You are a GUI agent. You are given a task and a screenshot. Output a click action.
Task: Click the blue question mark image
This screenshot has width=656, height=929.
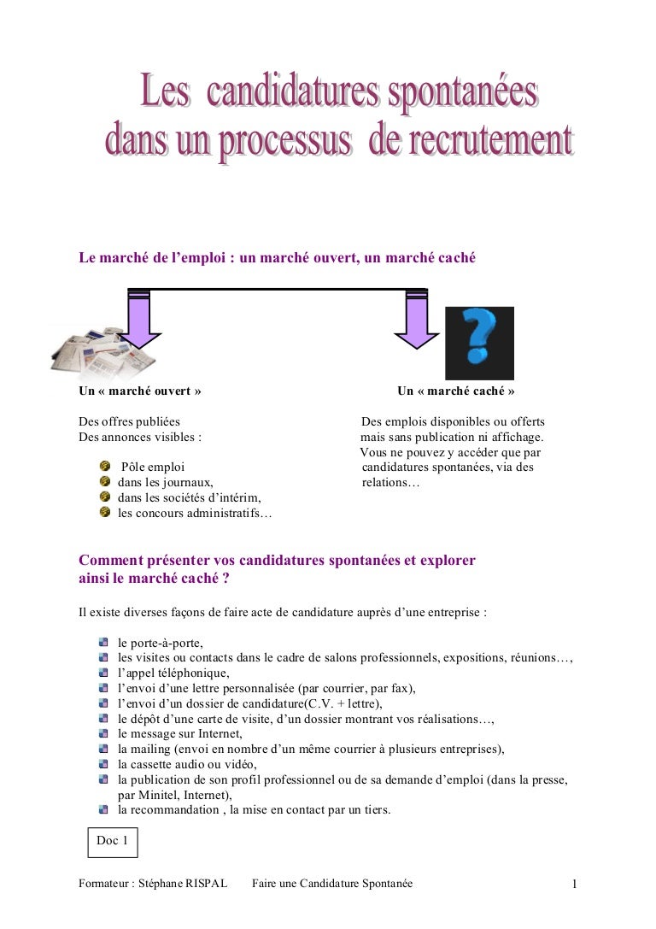479,343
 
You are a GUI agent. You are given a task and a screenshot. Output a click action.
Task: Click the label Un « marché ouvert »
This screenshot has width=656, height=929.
140,391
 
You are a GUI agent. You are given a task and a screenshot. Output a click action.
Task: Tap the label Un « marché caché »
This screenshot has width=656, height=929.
455,391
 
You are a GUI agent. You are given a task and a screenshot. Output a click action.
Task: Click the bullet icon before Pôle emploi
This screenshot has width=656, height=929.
105,467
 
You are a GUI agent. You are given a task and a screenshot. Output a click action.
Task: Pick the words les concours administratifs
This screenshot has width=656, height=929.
194,513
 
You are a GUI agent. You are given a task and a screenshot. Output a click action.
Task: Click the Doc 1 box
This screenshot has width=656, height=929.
113,841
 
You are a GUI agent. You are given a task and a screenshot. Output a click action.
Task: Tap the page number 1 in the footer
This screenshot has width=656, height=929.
575,885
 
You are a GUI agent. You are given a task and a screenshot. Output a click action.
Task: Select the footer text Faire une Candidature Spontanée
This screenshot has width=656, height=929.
332,883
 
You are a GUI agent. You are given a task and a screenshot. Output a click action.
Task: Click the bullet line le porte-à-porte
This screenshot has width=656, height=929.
161,643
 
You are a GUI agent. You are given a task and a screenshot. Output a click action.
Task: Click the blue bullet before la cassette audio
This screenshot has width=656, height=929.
103,764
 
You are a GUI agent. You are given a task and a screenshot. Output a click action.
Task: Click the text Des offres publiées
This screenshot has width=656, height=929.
129,422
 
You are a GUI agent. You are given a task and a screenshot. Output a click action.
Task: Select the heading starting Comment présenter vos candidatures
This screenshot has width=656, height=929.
277,561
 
